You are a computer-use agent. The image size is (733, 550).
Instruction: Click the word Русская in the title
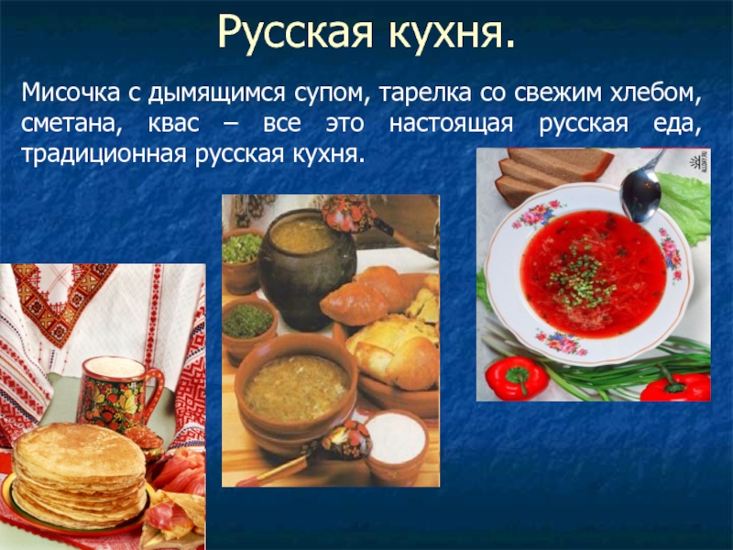(x=295, y=32)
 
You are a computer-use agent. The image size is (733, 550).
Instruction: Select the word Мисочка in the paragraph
(x=71, y=93)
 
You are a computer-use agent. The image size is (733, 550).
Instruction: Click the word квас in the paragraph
(x=174, y=124)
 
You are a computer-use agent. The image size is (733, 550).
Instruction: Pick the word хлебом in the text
(x=655, y=94)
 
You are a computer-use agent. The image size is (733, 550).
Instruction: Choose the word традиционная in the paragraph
(x=104, y=154)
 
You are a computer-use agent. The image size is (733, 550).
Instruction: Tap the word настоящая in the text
(x=451, y=125)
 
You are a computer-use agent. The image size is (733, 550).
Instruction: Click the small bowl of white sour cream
(x=397, y=446)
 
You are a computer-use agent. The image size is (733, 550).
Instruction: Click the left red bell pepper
(x=516, y=378)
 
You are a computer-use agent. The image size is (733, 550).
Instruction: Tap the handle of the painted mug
(x=155, y=390)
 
